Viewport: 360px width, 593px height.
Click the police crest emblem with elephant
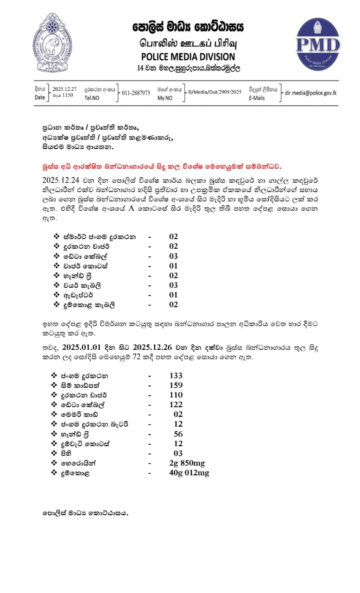52,43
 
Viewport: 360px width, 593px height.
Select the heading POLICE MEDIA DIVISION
188,57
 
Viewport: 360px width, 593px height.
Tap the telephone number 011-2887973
136,93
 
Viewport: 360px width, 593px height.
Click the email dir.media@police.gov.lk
310,93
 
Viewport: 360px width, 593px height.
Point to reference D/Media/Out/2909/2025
215,92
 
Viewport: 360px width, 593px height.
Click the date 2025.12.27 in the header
64,88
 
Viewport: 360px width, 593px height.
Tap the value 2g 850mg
187,463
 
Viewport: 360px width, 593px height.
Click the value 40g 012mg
189,473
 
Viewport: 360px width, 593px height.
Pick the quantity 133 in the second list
176,375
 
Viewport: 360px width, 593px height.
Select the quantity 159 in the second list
176,385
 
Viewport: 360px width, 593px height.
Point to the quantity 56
178,434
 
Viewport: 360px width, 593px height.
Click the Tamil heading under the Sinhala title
188,43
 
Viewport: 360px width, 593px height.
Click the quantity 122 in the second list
176,404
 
